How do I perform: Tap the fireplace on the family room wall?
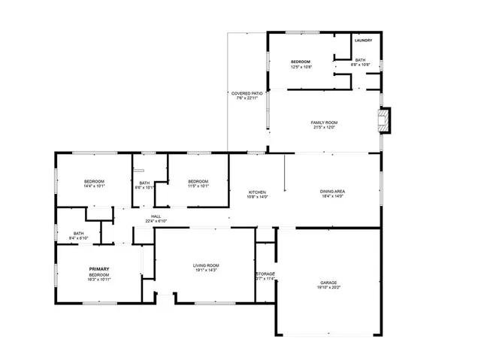click(x=384, y=120)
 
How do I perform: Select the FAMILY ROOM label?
click(x=325, y=123)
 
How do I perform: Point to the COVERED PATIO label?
click(x=247, y=93)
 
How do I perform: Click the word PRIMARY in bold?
click(x=99, y=269)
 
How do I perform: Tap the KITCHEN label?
click(x=257, y=192)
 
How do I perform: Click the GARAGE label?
click(x=328, y=283)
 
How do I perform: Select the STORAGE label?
click(x=265, y=274)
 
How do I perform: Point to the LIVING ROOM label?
click(x=206, y=265)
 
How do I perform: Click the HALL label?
click(x=156, y=216)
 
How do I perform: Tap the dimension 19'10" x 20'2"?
click(x=328, y=288)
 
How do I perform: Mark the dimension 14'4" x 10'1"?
click(x=94, y=186)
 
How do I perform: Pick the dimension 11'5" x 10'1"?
click(x=198, y=186)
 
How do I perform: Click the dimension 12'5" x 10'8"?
click(x=301, y=67)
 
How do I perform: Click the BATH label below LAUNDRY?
click(x=360, y=59)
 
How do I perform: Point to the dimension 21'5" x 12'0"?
click(x=325, y=128)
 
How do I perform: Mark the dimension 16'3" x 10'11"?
click(x=99, y=280)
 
